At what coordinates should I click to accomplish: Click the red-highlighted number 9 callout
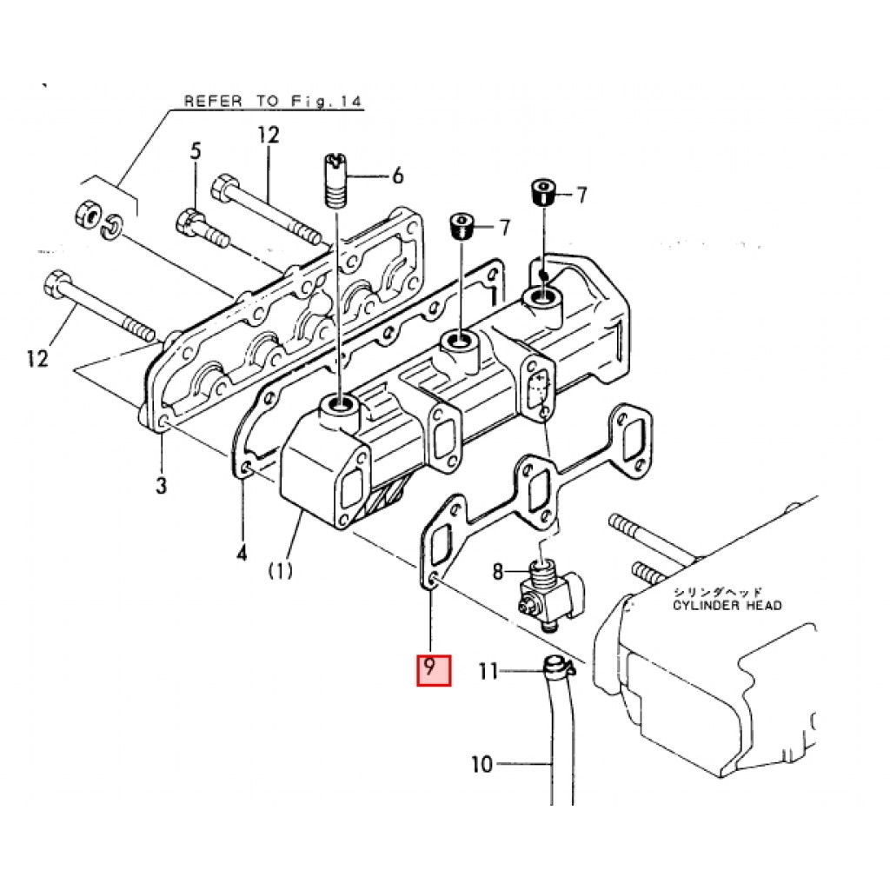434,670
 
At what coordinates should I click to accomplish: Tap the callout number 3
162,485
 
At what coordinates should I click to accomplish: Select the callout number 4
242,552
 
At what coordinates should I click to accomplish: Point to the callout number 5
196,151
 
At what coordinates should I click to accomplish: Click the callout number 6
398,176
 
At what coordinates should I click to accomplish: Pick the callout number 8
498,571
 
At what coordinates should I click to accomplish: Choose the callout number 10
482,764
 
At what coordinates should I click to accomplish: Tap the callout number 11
488,672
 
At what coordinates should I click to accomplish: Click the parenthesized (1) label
281,570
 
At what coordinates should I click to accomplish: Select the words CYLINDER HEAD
727,606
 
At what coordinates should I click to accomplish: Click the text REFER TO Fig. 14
272,102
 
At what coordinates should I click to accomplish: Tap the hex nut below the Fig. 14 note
88,214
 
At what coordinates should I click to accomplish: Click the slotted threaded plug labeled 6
336,181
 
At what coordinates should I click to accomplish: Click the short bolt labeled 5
203,229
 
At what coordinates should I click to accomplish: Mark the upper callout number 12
269,135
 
